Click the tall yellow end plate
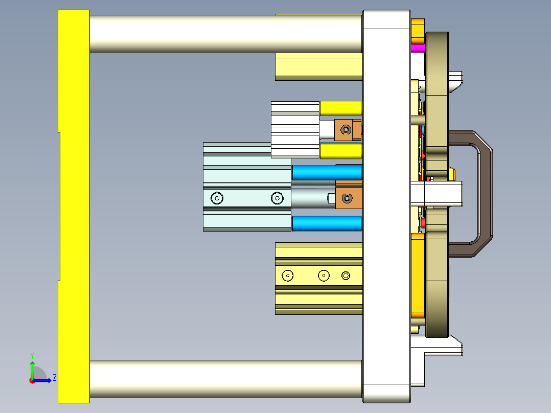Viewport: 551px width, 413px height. (74, 204)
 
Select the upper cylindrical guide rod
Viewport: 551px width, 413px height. (225, 33)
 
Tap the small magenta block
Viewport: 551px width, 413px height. (418, 48)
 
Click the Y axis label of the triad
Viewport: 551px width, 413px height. (32, 355)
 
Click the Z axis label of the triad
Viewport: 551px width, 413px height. (54, 378)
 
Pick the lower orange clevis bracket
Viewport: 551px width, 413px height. (348, 198)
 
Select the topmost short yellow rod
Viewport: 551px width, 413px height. (340, 108)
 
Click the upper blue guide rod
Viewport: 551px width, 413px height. (326, 173)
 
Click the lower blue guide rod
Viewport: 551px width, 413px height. (326, 223)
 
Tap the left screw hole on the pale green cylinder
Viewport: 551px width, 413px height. (217, 198)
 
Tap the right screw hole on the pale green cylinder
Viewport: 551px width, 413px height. (277, 198)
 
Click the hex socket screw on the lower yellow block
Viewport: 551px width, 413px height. (346, 276)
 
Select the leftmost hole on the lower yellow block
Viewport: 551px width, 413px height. (288, 276)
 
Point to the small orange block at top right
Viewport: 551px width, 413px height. (418, 31)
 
